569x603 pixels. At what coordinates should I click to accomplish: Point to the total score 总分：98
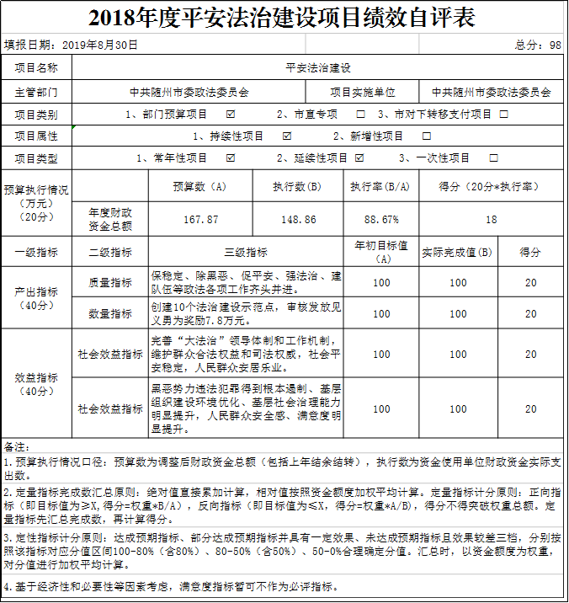pos(538,45)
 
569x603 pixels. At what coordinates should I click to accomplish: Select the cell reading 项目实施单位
pos(362,92)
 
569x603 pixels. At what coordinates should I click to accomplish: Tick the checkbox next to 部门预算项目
pos(231,114)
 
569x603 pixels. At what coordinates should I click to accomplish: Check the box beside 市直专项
pos(361,114)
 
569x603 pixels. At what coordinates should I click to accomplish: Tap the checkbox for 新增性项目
pos(427,136)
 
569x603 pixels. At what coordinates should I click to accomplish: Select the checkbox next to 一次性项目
pos(493,157)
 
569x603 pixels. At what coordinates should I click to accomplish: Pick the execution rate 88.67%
pos(381,219)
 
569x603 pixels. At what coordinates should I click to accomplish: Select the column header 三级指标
pos(246,252)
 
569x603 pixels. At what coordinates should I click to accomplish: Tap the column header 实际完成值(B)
pos(457,252)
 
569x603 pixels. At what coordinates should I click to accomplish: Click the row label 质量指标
pos(110,283)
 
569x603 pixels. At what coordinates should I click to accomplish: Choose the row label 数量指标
pos(110,314)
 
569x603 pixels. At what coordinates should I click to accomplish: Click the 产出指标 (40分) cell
pos(36,298)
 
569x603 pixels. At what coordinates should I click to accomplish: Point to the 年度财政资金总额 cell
pos(110,219)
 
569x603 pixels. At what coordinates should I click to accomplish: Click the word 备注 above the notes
pos(17,446)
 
